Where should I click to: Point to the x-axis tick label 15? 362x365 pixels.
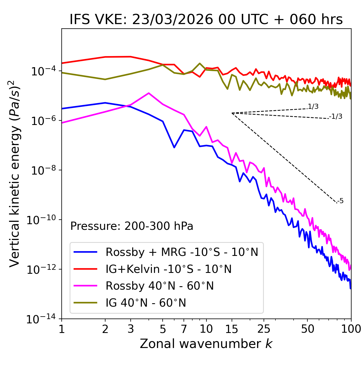tap(232, 329)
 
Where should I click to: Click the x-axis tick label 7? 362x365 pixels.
tap(184, 329)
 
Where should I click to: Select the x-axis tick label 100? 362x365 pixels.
tap(351, 329)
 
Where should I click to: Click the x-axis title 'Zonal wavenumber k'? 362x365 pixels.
tap(206, 344)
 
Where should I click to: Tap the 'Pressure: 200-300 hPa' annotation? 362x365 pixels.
tap(132, 226)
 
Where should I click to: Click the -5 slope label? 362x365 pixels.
tap(341, 201)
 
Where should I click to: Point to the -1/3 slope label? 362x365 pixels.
tap(336, 116)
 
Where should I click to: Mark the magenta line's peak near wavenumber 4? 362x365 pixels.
tap(149, 93)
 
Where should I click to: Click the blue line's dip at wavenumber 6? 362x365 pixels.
tap(174, 147)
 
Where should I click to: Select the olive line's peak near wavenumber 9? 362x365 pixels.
tap(200, 63)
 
